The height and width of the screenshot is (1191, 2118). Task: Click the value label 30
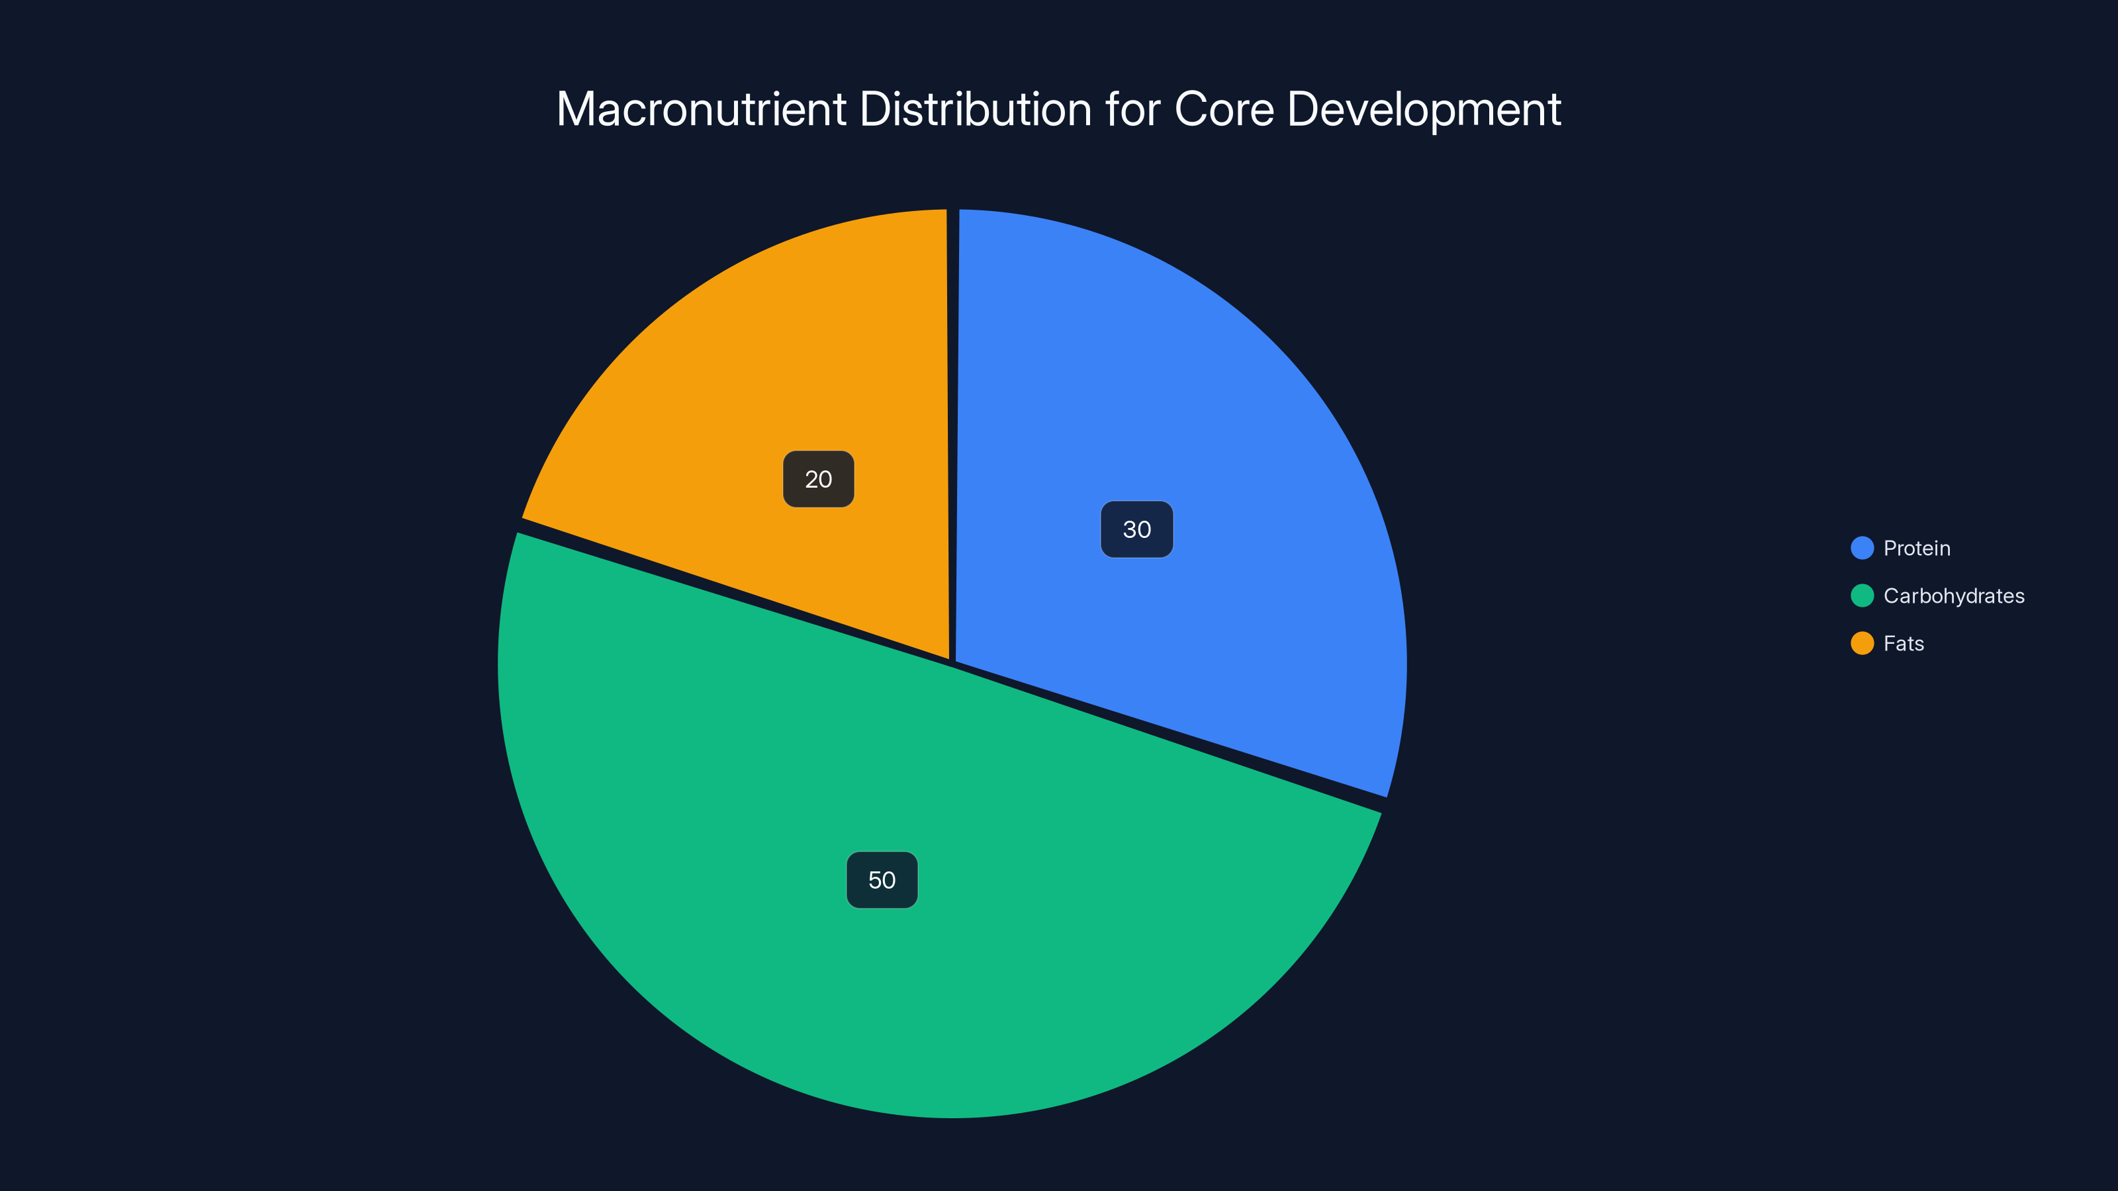pos(1136,529)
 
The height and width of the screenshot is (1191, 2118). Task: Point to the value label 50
pos(882,880)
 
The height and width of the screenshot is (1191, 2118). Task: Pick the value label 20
pos(818,479)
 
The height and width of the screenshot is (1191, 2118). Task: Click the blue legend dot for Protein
pos(1861,549)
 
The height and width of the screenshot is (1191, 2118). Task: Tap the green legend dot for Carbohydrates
pos(1861,596)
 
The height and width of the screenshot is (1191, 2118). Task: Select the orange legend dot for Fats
pos(1861,644)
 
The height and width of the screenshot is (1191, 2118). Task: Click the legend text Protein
pos(1917,549)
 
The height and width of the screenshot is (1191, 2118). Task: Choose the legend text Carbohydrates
pos(1954,596)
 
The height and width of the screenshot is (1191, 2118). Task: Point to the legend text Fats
pos(1904,644)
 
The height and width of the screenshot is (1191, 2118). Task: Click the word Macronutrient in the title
pos(702,109)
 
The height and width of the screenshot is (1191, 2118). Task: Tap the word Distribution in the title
pos(975,109)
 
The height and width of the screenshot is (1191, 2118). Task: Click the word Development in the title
pos(1423,109)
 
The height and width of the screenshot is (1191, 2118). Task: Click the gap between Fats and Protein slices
pos(953,411)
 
